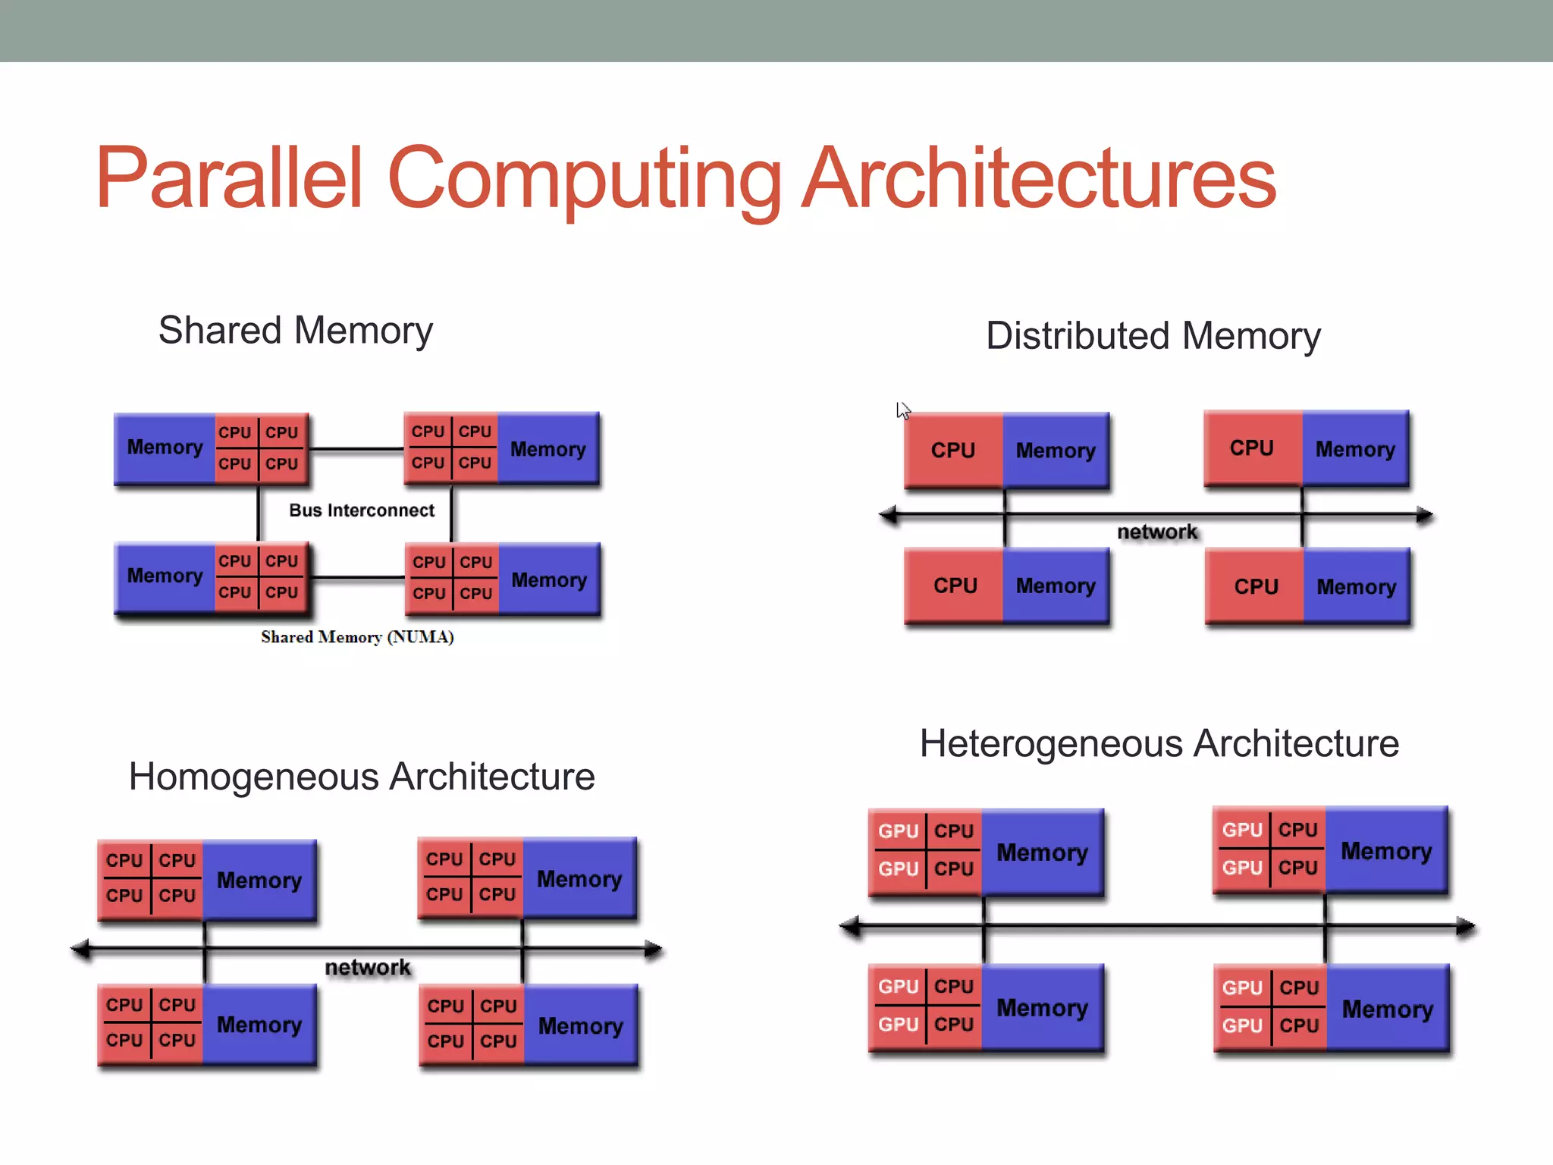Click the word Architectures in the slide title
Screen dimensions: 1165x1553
[x=1039, y=178]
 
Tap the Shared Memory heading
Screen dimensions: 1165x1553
[x=296, y=331]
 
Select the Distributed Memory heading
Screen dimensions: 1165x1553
[x=1153, y=335]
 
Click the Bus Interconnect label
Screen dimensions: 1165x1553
[x=362, y=510]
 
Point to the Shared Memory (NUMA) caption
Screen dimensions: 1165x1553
[x=357, y=637]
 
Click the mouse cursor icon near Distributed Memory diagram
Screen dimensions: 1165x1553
[x=902, y=410]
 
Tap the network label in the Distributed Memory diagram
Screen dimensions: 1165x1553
[x=1157, y=532]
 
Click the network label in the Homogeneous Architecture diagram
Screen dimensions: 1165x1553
[x=368, y=967]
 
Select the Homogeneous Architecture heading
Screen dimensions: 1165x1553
[x=362, y=777]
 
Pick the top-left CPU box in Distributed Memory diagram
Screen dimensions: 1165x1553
[x=953, y=451]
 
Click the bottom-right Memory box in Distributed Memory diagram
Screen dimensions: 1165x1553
[x=1356, y=586]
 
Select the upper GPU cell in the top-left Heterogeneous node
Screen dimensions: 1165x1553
[x=898, y=831]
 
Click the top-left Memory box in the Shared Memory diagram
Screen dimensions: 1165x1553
[x=165, y=447]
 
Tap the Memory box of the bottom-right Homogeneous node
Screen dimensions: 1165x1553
[x=580, y=1026]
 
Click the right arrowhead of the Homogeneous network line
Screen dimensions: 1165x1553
[x=653, y=949]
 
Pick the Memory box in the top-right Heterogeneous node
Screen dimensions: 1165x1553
[x=1386, y=851]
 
